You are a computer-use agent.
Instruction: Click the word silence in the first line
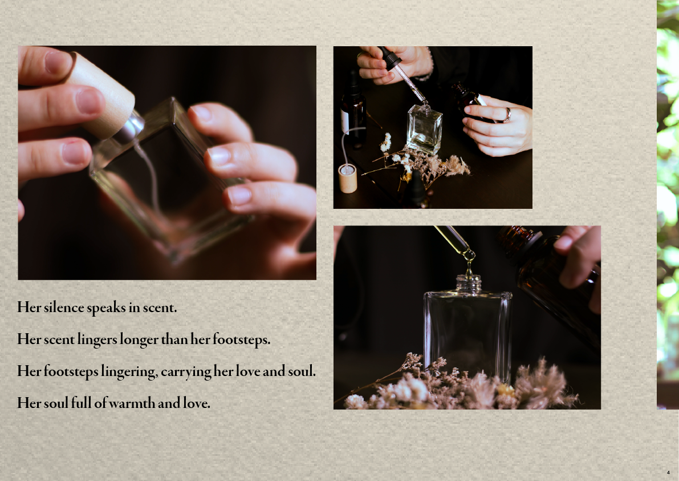pos(64,307)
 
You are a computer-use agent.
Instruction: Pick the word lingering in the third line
pos(129,372)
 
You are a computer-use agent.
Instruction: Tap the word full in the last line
pos(81,403)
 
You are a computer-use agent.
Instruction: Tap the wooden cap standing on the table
pos(347,178)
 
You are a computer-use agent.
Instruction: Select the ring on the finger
pos(507,114)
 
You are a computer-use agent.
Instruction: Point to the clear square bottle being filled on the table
pos(424,128)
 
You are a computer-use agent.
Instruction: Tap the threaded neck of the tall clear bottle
pos(469,284)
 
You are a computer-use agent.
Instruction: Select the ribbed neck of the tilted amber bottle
pos(518,236)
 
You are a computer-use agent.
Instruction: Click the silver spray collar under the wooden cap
pos(130,127)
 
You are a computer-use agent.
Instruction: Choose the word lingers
pos(97,339)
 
